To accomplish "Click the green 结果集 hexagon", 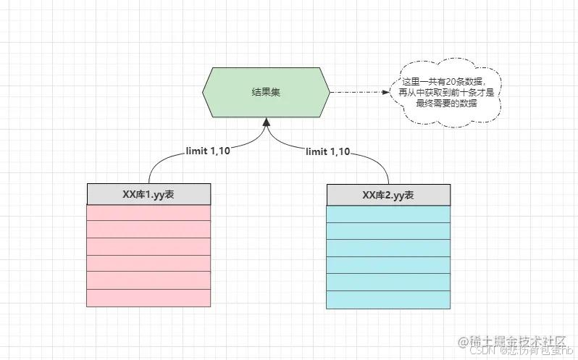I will point(266,93).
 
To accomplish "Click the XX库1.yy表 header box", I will point(148,194).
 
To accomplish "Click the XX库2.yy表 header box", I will point(388,194).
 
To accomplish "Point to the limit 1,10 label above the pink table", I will point(209,151).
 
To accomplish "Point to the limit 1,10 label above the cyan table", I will point(328,151).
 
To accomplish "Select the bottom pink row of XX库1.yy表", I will point(148,298).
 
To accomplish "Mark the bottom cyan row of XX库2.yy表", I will point(388,298).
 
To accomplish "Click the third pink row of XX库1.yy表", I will point(148,246).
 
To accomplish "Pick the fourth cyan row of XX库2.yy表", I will point(388,264).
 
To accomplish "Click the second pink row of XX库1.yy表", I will point(148,229).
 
